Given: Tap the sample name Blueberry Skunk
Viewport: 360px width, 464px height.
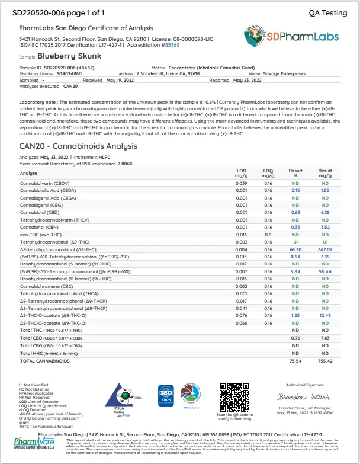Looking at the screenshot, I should click(x=69, y=56).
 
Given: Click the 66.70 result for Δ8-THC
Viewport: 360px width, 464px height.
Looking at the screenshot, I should click(x=295, y=250).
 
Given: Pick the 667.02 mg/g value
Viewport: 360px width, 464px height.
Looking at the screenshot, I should click(x=324, y=250).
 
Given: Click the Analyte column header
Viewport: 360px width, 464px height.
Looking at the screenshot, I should click(x=28, y=173).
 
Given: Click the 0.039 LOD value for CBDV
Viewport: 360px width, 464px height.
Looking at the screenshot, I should click(x=241, y=183).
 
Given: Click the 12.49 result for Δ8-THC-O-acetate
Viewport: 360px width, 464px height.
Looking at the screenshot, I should click(x=325, y=316).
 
